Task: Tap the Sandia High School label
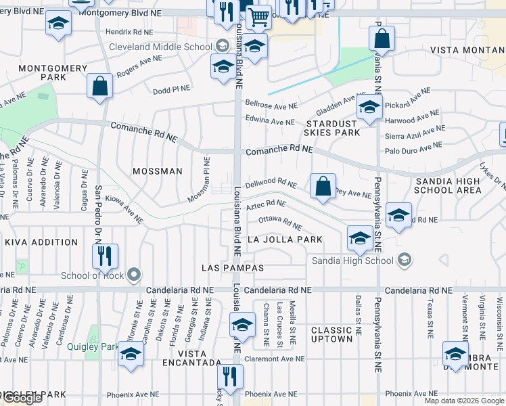tap(352, 261)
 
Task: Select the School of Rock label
tap(93, 275)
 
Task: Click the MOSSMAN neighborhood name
tap(158, 171)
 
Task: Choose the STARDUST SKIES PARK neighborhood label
tap(332, 129)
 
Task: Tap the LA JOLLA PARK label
tap(285, 240)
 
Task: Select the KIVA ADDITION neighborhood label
tap(41, 242)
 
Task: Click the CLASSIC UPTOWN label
tap(331, 334)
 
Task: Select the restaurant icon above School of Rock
tap(105, 255)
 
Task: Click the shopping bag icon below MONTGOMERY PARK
tap(100, 86)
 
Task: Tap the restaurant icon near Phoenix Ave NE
tap(231, 376)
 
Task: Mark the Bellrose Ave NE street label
tap(271, 106)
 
